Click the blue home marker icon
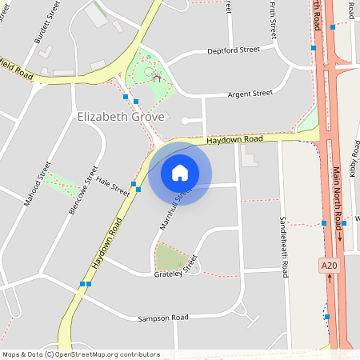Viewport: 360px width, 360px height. pyautogui.click(x=180, y=173)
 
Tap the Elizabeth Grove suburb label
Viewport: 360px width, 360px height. pyautogui.click(x=121, y=117)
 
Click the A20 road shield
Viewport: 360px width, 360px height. pyautogui.click(x=327, y=265)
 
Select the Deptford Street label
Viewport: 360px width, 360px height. pyautogui.click(x=233, y=50)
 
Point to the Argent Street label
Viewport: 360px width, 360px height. pyautogui.click(x=250, y=94)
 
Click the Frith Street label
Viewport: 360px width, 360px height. pyautogui.click(x=273, y=20)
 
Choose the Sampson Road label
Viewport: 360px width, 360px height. pyautogui.click(x=162, y=318)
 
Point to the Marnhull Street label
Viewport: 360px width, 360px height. pyautogui.click(x=176, y=209)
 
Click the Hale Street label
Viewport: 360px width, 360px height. pyautogui.click(x=113, y=186)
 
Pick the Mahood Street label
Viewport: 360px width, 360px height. pyautogui.click(x=37, y=185)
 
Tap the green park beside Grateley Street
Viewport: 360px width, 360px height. pyautogui.click(x=170, y=258)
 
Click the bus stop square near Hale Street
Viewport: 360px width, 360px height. pyautogui.click(x=138, y=190)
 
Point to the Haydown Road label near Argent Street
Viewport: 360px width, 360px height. pyautogui.click(x=234, y=139)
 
